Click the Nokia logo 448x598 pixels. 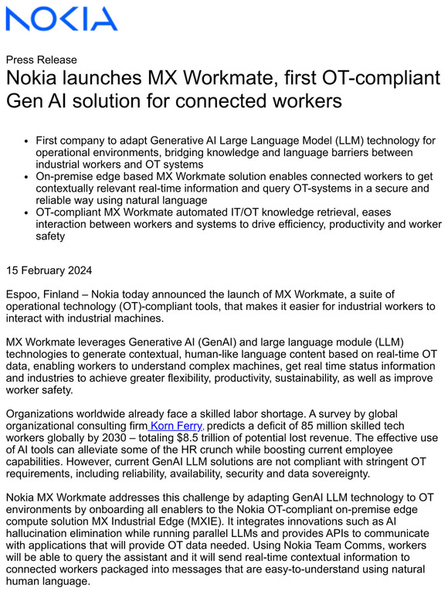61,19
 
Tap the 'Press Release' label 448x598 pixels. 41,59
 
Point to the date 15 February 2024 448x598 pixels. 49,270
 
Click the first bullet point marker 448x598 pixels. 28,141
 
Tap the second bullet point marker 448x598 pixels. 28,178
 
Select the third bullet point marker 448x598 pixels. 28,213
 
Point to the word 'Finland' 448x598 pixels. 62,294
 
